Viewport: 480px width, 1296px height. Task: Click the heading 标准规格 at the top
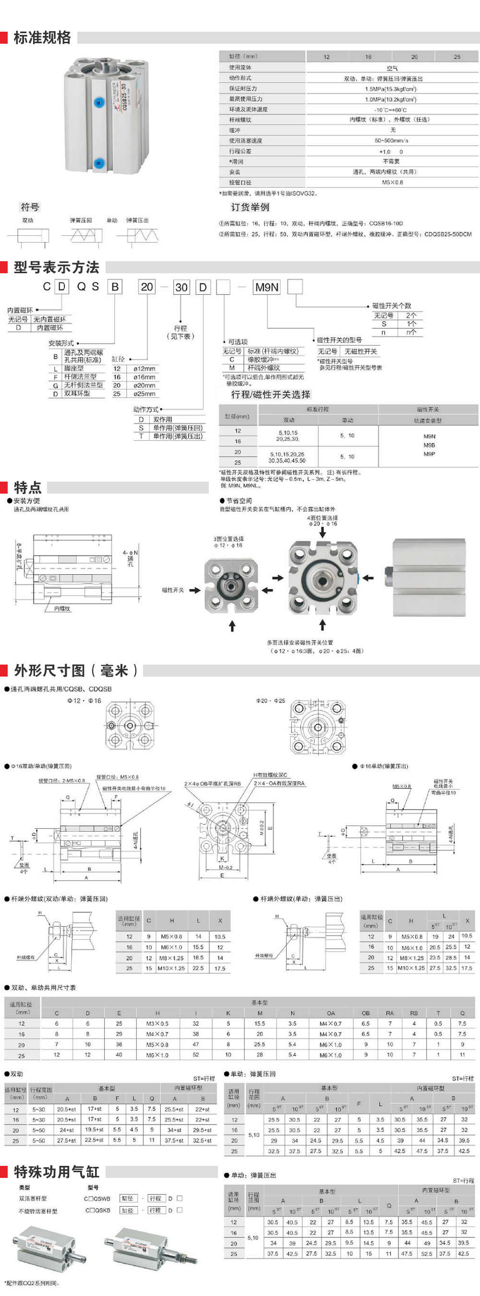42,38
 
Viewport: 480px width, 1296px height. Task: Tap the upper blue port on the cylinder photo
98,103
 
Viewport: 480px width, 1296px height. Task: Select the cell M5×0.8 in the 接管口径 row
392,182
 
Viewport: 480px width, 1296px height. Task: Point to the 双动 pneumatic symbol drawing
28,235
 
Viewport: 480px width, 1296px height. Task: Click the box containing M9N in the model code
267,287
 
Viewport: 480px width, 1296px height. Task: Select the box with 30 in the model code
181,287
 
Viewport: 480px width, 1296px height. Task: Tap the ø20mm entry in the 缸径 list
144,385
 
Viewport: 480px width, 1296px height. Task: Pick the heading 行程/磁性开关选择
271,394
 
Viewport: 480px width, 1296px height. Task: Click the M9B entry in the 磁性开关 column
429,445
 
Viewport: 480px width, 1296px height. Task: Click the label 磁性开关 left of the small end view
173,590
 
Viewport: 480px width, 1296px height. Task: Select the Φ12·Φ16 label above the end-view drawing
84,700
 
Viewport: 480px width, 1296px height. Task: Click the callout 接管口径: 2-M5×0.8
62,781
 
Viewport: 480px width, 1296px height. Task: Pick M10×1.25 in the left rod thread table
171,968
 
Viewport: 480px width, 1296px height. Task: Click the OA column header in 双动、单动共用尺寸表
331,1013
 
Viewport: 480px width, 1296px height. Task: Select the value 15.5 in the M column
260,1023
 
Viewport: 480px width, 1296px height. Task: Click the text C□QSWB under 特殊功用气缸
97,1199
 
